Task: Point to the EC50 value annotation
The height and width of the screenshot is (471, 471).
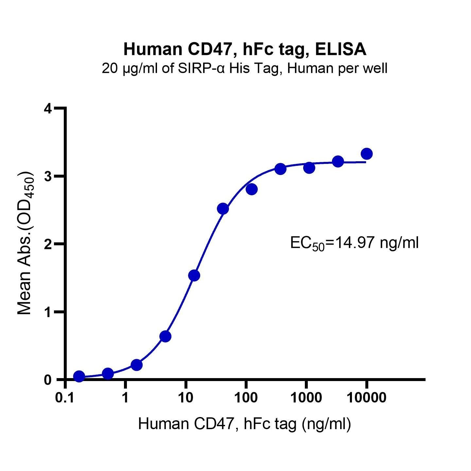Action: pyautogui.click(x=354, y=244)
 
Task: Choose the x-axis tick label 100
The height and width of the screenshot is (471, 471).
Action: pyautogui.click(x=246, y=398)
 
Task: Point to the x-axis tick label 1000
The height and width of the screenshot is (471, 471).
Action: pyautogui.click(x=306, y=398)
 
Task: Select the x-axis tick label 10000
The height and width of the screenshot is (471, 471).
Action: pyautogui.click(x=366, y=398)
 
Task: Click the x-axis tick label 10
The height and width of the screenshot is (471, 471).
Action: pyautogui.click(x=185, y=398)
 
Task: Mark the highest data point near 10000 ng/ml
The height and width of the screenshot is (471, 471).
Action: pyautogui.click(x=367, y=153)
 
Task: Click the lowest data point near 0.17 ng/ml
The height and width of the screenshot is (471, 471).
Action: pyautogui.click(x=79, y=376)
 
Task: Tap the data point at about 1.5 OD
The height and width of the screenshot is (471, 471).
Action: pyautogui.click(x=194, y=275)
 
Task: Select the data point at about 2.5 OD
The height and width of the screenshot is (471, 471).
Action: pyautogui.click(x=223, y=208)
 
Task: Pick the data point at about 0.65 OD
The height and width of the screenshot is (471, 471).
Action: pyautogui.click(x=165, y=336)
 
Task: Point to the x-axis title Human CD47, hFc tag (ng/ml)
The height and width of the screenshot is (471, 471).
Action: pyautogui.click(x=244, y=424)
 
